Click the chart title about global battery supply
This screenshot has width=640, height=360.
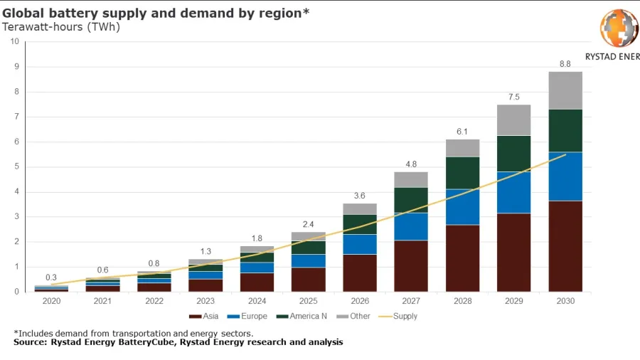156,13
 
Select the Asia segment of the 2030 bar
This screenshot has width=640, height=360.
565,245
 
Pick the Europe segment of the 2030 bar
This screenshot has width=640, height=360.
565,176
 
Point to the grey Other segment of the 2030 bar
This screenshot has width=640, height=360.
565,90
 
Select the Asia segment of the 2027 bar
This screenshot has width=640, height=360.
411,265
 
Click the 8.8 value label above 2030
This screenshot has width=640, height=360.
565,64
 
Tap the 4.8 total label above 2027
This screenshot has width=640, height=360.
411,164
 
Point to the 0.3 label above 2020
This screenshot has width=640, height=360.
51,277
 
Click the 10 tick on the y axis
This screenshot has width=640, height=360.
14,42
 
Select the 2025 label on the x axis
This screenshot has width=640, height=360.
308,301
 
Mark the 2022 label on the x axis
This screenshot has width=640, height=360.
154,301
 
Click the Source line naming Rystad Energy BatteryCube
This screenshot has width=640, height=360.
178,342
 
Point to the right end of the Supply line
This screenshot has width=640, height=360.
565,154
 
